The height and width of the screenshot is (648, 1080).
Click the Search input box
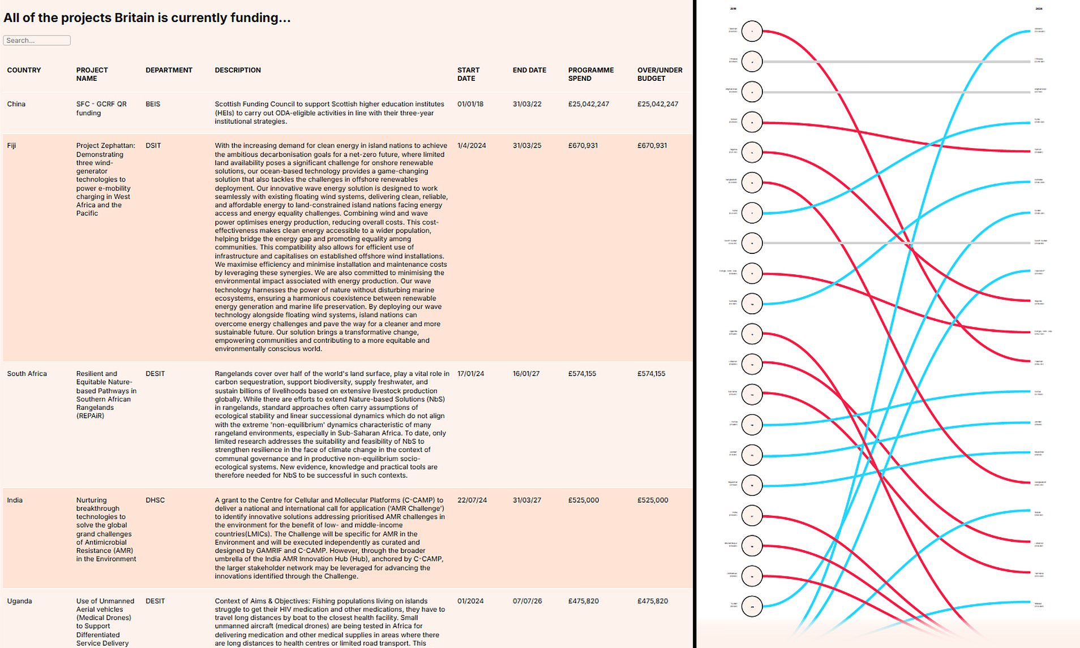(x=37, y=40)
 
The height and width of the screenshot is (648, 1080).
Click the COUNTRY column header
(x=24, y=70)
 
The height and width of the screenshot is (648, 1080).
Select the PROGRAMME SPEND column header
(x=590, y=74)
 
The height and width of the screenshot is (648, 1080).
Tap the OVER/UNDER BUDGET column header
(x=659, y=74)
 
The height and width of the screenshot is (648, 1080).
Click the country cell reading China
(x=16, y=104)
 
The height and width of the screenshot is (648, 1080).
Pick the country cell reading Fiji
(x=12, y=145)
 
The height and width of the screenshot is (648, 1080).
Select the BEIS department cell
(x=153, y=104)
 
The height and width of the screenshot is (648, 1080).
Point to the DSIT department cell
(x=153, y=145)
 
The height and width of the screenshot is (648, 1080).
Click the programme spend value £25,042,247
(x=588, y=104)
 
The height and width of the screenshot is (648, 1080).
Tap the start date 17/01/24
(x=470, y=374)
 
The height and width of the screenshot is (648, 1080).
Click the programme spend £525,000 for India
(x=583, y=500)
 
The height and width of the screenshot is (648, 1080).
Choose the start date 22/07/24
(x=472, y=500)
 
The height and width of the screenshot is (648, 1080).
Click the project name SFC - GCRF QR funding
(x=101, y=108)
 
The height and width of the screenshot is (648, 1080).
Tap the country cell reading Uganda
(x=20, y=601)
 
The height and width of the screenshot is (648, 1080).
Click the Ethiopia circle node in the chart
(x=752, y=62)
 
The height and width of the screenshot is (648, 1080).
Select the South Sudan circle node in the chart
(x=752, y=243)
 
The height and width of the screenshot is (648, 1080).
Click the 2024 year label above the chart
(x=1039, y=8)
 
